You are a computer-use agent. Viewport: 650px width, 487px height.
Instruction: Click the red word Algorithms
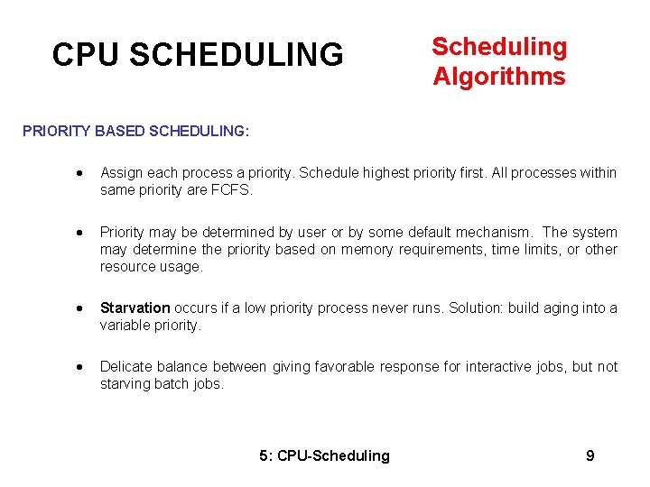click(x=499, y=77)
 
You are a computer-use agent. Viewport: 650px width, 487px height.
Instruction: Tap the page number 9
click(x=590, y=455)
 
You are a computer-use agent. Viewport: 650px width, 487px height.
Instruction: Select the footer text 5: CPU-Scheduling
click(x=324, y=455)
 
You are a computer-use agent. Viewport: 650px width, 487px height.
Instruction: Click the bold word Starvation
click(x=135, y=308)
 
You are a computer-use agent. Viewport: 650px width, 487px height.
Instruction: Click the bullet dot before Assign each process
click(x=81, y=173)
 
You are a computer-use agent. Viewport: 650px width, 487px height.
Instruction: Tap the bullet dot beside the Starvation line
click(x=81, y=308)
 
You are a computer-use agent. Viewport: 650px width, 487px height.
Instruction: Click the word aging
click(x=560, y=308)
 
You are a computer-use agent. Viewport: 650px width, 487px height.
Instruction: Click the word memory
click(x=367, y=249)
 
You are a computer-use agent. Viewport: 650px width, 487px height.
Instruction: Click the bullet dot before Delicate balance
click(x=81, y=367)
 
